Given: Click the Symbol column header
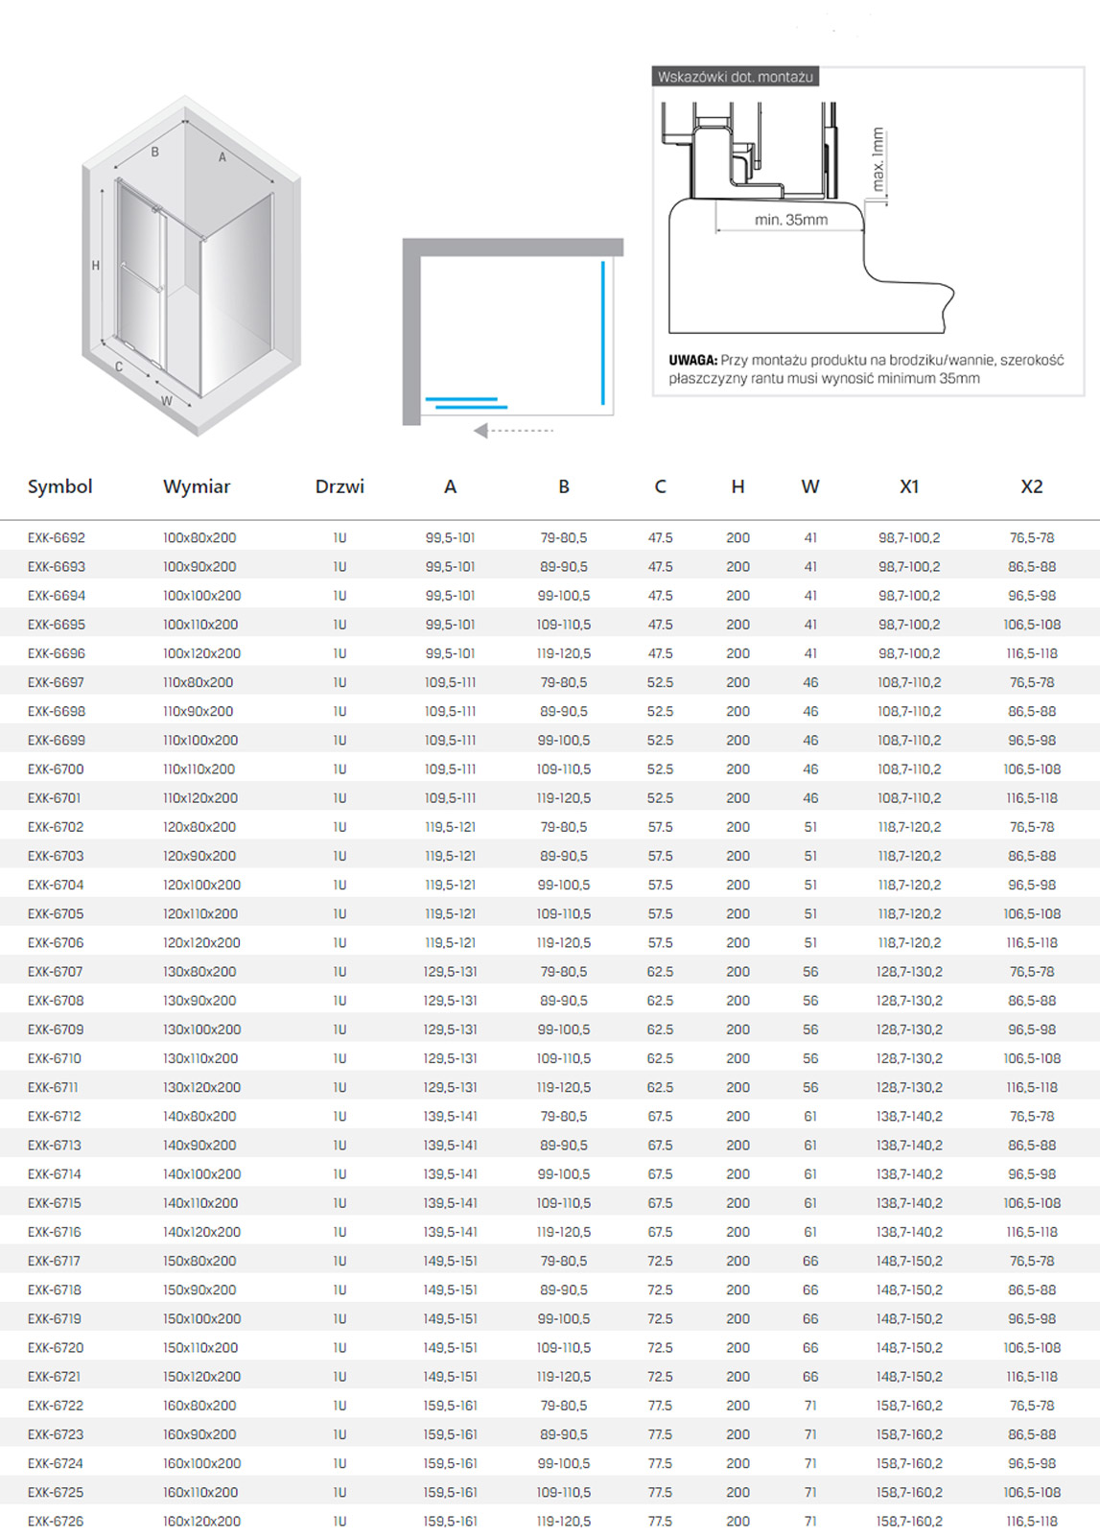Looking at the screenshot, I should tap(59, 486).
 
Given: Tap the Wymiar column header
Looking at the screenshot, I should tap(197, 486).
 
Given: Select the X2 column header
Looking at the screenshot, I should tap(1031, 486).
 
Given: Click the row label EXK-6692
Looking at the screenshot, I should tap(57, 538).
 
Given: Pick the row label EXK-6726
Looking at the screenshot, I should tap(56, 1521).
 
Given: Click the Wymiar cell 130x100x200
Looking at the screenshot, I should tap(201, 1029).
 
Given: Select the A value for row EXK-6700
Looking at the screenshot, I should tap(450, 769).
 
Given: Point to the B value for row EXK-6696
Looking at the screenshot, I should tap(563, 653).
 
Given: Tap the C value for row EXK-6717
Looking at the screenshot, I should tap(660, 1261).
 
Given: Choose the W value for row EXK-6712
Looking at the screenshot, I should tap(810, 1117).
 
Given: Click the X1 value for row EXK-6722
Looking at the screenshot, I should tap(909, 1406).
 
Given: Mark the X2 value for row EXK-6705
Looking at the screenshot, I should tap(1032, 913).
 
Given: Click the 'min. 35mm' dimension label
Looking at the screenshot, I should tap(790, 220).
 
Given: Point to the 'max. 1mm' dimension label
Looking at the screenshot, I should tap(878, 159).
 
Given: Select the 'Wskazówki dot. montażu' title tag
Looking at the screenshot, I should tap(735, 77).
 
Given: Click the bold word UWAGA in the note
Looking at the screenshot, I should tap(692, 360).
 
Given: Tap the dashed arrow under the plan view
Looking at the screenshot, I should tap(514, 431).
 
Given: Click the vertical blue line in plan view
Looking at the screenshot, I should tap(603, 332).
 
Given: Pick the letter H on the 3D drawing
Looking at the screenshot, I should tap(95, 266).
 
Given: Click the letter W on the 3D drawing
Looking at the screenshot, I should tap(167, 401).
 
